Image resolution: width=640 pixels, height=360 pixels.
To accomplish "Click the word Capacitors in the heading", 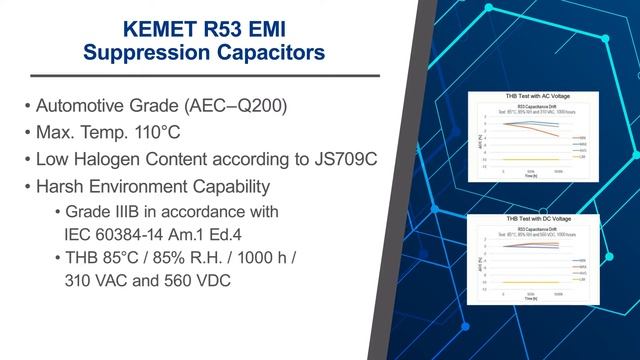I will coord(267,51).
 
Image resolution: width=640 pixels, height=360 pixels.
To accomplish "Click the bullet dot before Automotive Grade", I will coord(24,106).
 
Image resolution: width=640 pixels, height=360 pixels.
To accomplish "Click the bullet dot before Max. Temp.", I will coord(24,132).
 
